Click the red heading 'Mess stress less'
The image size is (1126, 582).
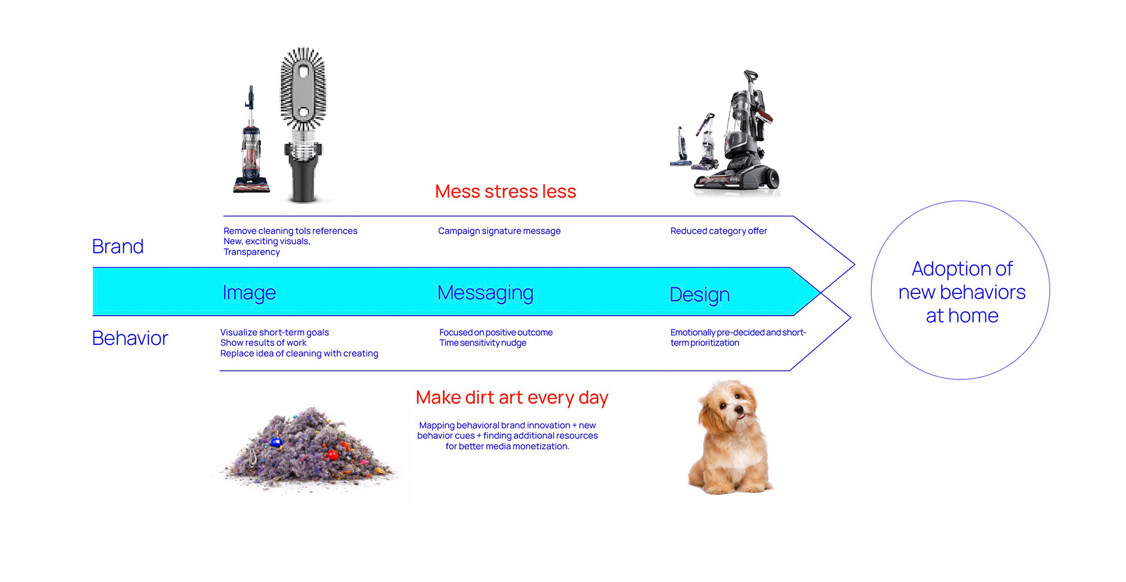(x=505, y=191)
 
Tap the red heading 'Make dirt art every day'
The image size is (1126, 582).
(x=511, y=398)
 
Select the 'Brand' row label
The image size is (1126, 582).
(x=118, y=246)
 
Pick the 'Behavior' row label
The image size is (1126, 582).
(x=130, y=338)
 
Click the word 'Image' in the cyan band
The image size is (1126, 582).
(x=249, y=292)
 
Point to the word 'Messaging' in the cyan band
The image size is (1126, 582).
(x=485, y=292)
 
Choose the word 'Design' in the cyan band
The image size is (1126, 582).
(x=699, y=295)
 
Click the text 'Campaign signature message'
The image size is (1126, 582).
(x=499, y=231)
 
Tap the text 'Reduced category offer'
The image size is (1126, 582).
(x=718, y=231)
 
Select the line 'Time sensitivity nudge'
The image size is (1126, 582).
(x=483, y=343)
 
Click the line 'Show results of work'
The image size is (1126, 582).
(x=263, y=343)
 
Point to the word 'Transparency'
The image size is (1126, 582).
(x=252, y=252)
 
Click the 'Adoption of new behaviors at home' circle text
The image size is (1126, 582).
(x=962, y=292)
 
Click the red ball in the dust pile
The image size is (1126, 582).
(x=333, y=455)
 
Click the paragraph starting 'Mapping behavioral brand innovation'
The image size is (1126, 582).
(x=507, y=436)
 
